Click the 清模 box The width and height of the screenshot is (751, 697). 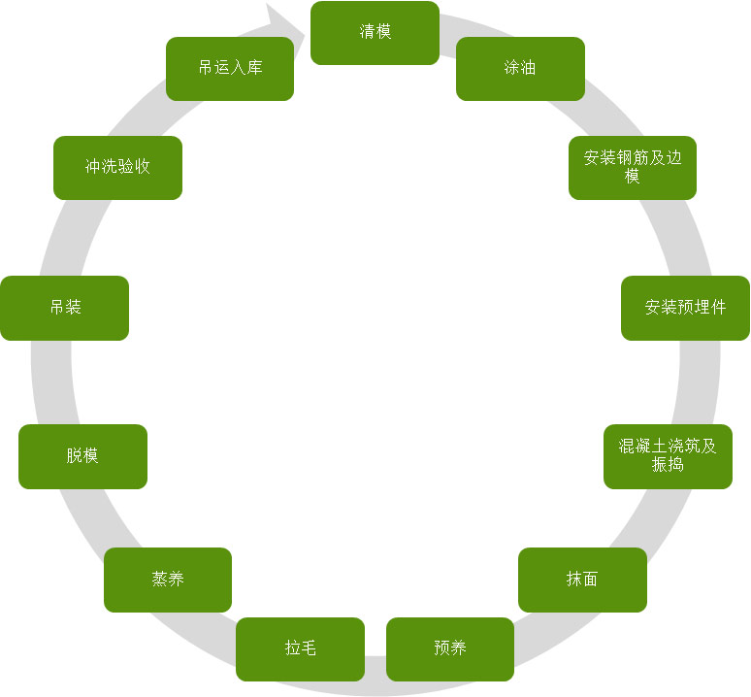375,33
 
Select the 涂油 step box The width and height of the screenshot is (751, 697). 520,69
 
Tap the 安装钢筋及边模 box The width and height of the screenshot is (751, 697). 633,168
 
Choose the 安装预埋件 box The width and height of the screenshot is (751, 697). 685,308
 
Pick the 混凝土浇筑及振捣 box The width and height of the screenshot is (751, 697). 668,456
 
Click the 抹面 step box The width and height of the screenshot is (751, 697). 582,580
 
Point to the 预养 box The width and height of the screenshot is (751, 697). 450,648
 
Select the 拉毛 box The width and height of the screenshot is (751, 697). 300,648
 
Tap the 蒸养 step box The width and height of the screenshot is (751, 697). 168,580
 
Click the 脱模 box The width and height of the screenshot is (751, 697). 82,456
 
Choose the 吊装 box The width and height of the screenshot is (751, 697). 64,308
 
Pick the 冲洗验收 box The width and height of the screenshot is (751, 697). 117,167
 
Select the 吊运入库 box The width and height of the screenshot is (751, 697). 230,69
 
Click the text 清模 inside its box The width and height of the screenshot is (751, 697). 375,33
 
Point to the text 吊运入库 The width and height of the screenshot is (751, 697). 230,69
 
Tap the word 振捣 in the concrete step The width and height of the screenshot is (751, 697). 668,465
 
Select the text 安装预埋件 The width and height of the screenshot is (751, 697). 685,308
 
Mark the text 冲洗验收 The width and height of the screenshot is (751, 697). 117,167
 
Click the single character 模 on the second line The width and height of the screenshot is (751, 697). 633,177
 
